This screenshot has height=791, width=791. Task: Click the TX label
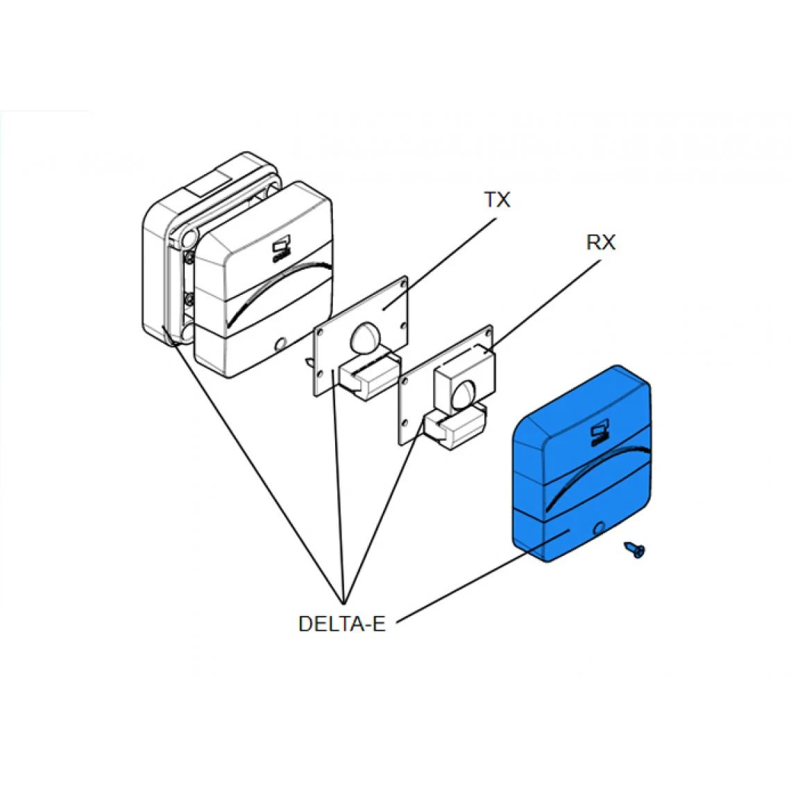click(497, 200)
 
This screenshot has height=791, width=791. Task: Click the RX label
click(600, 242)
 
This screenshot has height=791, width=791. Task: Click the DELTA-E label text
click(341, 624)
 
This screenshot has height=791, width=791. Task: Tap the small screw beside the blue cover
click(636, 550)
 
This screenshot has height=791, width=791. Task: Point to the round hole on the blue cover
click(600, 529)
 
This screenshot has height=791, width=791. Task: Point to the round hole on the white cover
click(280, 343)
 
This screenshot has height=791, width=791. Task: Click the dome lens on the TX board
click(366, 338)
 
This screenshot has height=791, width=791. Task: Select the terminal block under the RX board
click(454, 427)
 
